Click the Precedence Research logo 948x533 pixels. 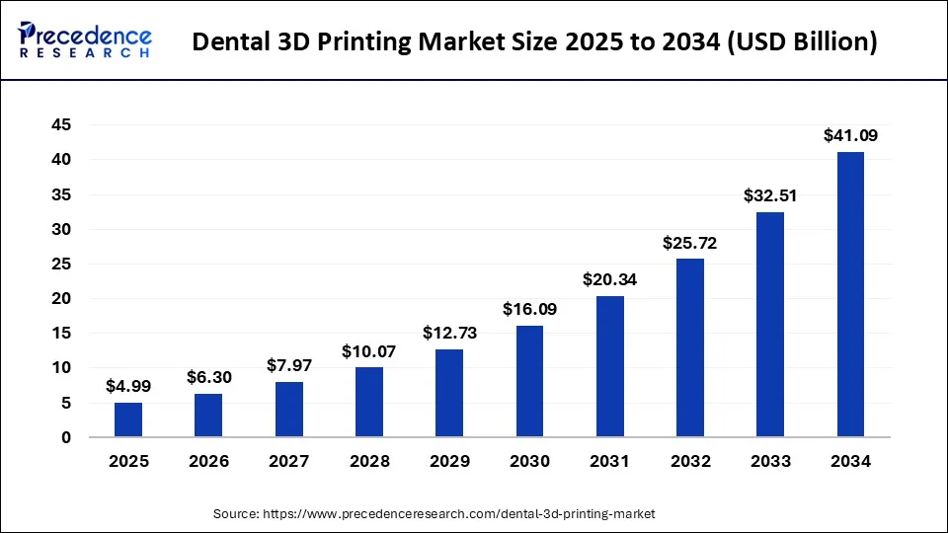click(85, 41)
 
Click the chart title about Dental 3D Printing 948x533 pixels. click(534, 42)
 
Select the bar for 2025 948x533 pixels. click(128, 419)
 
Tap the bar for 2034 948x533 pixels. click(850, 294)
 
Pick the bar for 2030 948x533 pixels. click(529, 381)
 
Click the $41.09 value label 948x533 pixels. click(850, 136)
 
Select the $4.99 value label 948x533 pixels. click(128, 386)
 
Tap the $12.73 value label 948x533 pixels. click(449, 333)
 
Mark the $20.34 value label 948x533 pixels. click(609, 280)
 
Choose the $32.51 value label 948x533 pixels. click(770, 195)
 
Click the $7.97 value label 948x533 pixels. click(288, 365)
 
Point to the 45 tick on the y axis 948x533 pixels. click(61, 125)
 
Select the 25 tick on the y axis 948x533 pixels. click(61, 264)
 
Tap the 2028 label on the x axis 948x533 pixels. click(368, 461)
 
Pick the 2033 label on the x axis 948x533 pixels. click(770, 461)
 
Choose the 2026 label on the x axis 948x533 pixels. click(208, 461)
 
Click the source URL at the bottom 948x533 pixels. click(434, 514)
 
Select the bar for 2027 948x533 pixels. click(288, 409)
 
